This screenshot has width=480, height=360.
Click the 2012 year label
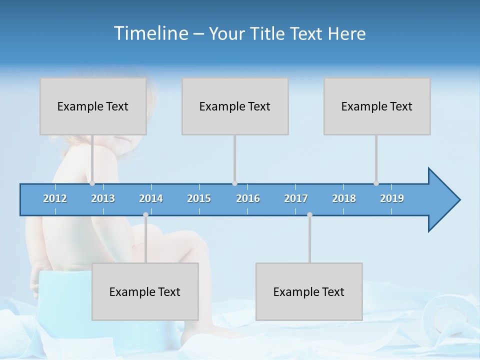(55, 198)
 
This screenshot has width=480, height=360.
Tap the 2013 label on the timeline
(103, 198)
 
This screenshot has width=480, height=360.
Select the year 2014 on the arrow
(151, 198)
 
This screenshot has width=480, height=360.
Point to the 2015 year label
(199, 198)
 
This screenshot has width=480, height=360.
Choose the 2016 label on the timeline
(248, 198)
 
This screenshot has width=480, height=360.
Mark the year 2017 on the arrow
(296, 198)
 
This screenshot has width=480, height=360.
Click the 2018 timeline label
(344, 198)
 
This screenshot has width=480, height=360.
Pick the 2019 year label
(392, 198)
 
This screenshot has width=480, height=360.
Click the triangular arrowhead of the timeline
(442, 200)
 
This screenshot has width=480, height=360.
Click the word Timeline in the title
(150, 33)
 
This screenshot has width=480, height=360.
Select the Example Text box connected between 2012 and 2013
(93, 106)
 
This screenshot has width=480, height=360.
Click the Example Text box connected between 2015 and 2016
(235, 106)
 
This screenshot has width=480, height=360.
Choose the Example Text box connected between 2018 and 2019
(377, 106)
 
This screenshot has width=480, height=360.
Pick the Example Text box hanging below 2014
(145, 291)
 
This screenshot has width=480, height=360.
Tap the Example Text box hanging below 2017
(309, 291)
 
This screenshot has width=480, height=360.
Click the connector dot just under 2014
(145, 215)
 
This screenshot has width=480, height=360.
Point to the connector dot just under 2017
(309, 215)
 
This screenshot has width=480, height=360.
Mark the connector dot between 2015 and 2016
(234, 183)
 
